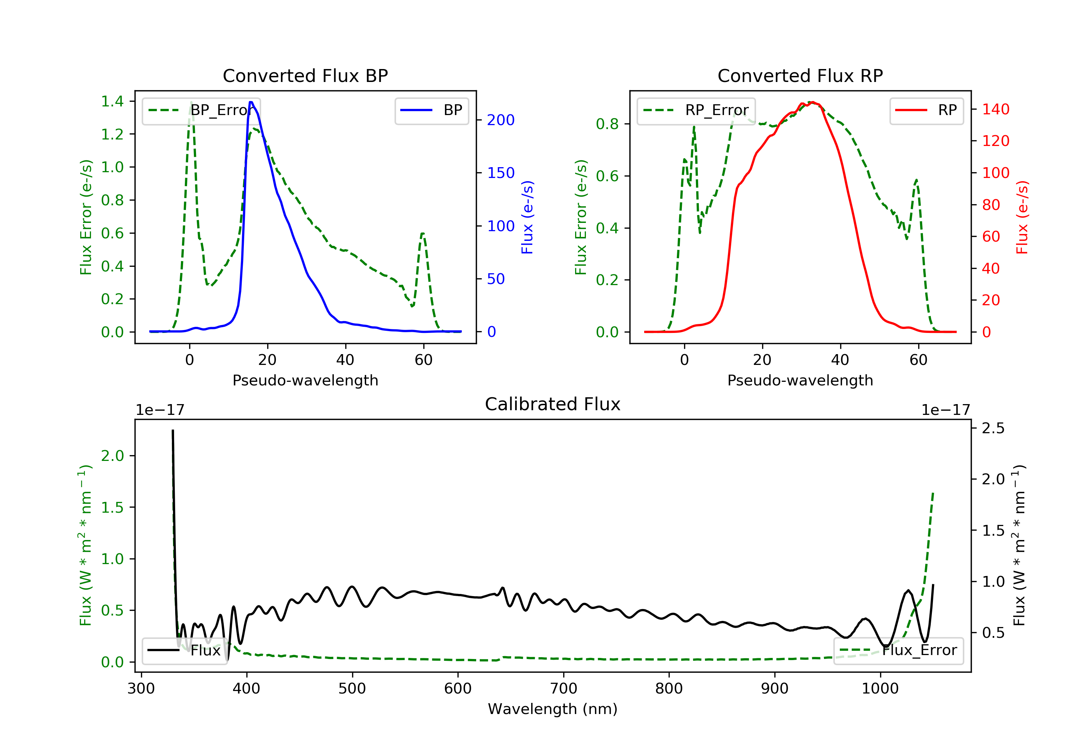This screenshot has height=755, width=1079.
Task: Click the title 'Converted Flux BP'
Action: coord(305,75)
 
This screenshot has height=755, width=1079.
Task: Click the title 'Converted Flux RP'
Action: coord(800,75)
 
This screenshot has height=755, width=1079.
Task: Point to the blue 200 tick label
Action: coord(501,120)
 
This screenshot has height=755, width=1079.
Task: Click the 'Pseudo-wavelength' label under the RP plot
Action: coord(800,380)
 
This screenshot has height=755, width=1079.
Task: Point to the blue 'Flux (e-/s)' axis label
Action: coord(527,218)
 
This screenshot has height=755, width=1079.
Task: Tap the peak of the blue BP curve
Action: coord(251,102)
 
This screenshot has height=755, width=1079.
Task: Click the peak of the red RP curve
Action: coord(812,102)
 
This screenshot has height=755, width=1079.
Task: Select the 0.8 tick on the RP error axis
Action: coord(607,124)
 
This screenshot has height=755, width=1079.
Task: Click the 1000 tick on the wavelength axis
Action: coord(880,689)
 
